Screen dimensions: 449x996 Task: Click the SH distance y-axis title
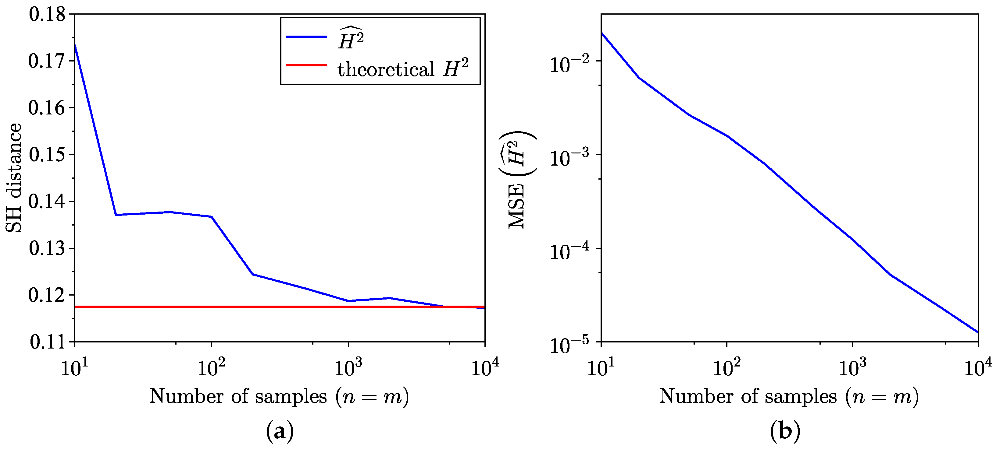coord(14,177)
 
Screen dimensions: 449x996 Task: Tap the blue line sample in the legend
coord(306,37)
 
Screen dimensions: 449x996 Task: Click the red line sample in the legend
coord(306,65)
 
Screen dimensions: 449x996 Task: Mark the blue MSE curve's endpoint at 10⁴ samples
coord(977,331)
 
